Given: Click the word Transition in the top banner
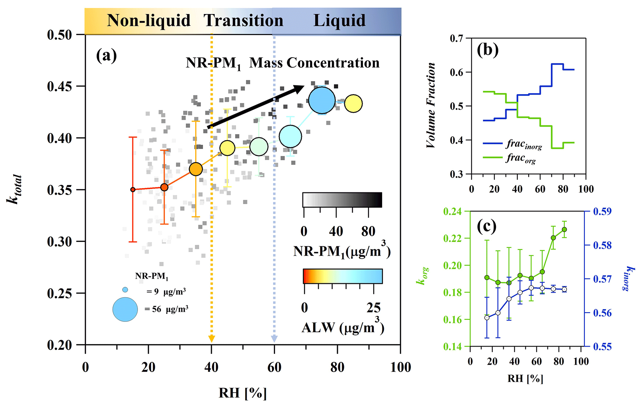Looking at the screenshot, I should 243,21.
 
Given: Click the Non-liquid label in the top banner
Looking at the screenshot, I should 149,21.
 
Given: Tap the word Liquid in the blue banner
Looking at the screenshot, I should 339,21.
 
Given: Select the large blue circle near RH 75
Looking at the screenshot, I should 322,100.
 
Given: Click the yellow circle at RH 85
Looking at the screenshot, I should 353,104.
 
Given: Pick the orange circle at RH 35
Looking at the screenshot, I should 196,169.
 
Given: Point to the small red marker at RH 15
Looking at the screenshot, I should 133,189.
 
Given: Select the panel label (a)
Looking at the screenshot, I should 106,56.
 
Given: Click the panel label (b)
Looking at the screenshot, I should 487,50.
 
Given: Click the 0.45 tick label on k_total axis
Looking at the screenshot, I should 59,86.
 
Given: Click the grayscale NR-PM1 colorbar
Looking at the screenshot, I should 342,200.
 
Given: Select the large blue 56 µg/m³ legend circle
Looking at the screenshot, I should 125,309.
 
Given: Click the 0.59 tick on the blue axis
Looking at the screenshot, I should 602,212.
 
